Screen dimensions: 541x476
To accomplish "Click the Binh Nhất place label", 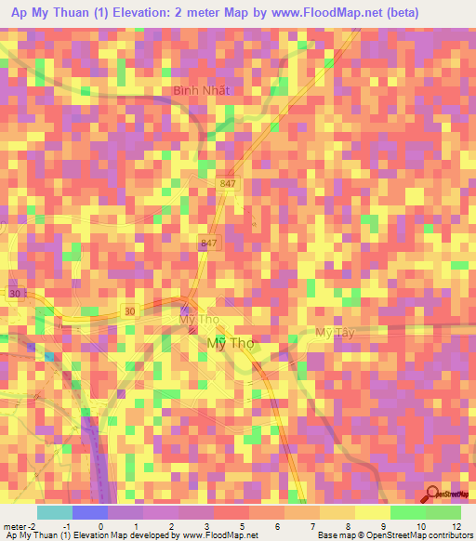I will tap(201, 91).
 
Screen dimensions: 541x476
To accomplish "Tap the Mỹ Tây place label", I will tap(336, 332).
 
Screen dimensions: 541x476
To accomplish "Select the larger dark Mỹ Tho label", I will tap(228, 343).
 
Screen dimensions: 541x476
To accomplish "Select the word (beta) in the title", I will tap(396, 13).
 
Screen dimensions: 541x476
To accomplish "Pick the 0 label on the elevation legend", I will tap(100, 526).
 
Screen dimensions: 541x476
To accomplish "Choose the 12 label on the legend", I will tap(456, 526).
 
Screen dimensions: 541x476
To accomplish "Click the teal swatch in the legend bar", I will tap(55, 512).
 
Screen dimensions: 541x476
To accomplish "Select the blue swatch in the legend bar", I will tap(90, 512).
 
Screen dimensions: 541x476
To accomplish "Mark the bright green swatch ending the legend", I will tap(443, 512).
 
